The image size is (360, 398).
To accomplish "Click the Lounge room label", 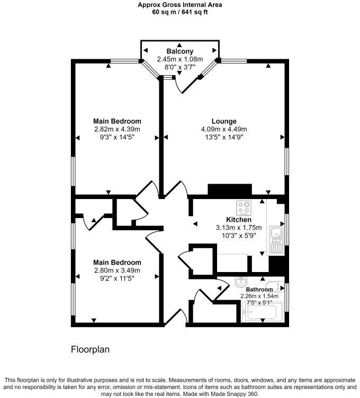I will click(224, 121).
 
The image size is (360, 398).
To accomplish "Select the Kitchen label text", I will click(238, 220).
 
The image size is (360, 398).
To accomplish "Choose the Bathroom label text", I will click(259, 290).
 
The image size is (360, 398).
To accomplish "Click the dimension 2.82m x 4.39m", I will click(117, 129).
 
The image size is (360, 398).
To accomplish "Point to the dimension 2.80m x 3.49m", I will click(117, 270).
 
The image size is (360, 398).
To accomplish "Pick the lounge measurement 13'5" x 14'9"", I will click(224, 138).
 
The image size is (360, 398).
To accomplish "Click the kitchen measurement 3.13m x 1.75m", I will click(238, 228).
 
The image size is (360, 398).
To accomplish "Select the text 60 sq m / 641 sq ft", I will click(179, 12).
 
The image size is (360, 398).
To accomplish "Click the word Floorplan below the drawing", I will click(90, 350).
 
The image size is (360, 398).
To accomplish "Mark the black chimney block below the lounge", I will click(229, 190).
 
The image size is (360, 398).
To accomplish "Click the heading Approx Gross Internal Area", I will click(179, 5).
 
